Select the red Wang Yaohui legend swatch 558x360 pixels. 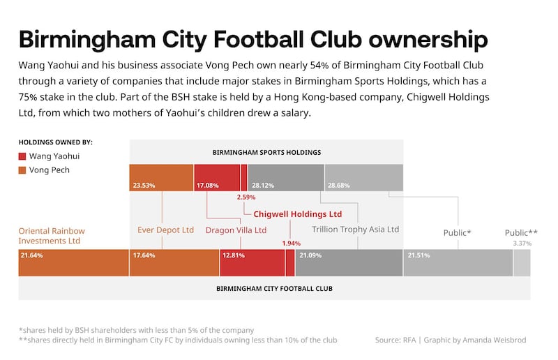point(23,156)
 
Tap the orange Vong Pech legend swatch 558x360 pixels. point(23,170)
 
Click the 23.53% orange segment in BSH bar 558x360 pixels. point(161,178)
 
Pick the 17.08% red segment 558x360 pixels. point(217,178)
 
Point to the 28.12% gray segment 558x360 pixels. point(285,178)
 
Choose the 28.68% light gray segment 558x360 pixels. point(363,178)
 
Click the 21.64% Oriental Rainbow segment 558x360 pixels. point(73,263)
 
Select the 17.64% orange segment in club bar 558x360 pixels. point(174,263)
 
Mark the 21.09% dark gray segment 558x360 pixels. point(349,263)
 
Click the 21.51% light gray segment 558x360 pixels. point(458,263)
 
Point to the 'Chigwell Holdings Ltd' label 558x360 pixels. point(298,214)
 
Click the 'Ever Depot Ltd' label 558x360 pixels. point(165,230)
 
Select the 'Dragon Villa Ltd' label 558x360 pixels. point(236,230)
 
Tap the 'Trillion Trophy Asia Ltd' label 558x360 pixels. point(355,229)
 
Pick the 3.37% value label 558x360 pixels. point(522,243)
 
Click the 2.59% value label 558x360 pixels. point(246,197)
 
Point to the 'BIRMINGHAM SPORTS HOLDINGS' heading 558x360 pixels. point(266,151)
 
